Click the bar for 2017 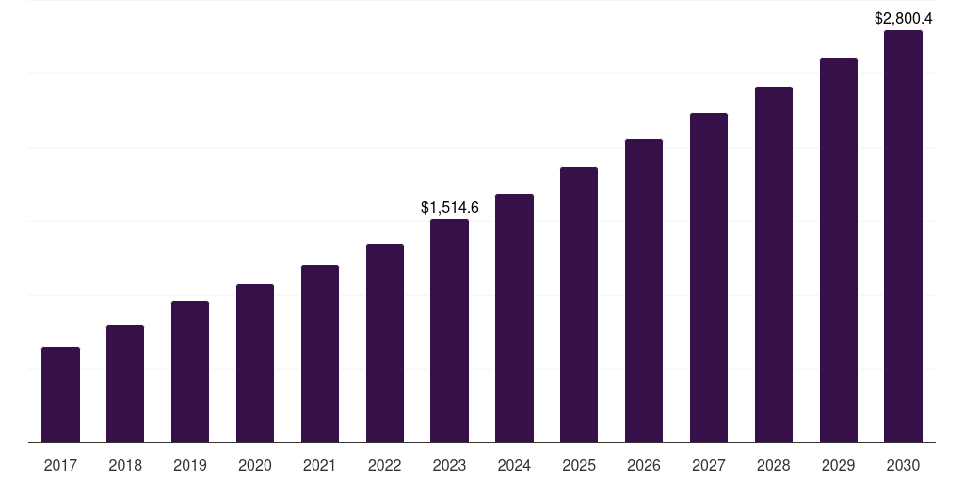(x=60, y=394)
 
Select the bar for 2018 (x=125, y=383)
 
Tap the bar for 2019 (x=190, y=372)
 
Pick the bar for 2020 (x=255, y=363)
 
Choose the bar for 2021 (x=320, y=354)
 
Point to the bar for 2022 (x=385, y=343)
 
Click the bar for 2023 (x=449, y=330)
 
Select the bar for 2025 (x=579, y=304)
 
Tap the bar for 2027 (x=709, y=278)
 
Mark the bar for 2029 (x=839, y=250)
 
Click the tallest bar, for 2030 (x=904, y=236)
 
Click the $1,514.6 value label (x=449, y=207)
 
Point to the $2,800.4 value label (x=904, y=18)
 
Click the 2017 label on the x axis (x=60, y=465)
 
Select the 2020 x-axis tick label (x=255, y=465)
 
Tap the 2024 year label (x=514, y=465)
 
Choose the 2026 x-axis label (x=644, y=465)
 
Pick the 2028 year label (x=774, y=465)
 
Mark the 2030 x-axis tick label (x=904, y=465)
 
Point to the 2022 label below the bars (x=385, y=465)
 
